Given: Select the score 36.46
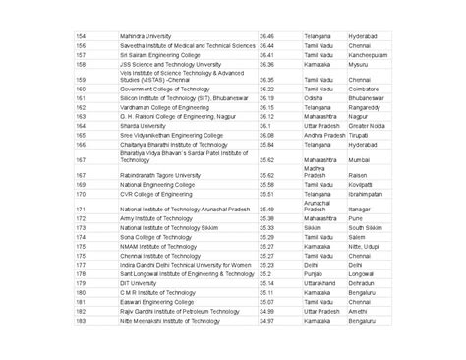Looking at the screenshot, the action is click(266, 35).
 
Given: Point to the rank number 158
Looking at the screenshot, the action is click(82, 64).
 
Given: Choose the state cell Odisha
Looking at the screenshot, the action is click(313, 98).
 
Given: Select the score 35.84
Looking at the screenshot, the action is click(265, 144).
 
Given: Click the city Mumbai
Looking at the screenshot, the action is click(359, 158).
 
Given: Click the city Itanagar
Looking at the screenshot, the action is click(360, 210).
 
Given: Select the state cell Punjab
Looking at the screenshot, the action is click(313, 273).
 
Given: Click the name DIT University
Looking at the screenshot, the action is click(138, 283).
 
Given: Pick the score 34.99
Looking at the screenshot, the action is click(265, 311).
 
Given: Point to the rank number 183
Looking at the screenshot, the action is click(82, 320).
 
